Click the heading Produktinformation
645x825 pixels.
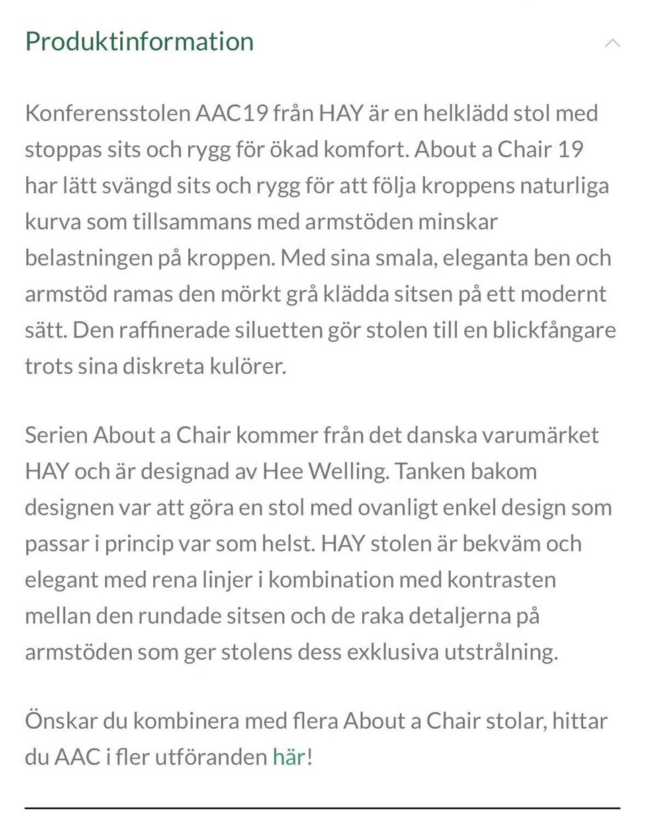tap(139, 42)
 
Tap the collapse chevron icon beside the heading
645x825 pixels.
tap(612, 44)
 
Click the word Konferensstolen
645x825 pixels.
tap(108, 113)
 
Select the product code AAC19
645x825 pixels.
tap(230, 113)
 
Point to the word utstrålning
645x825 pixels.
tap(500, 652)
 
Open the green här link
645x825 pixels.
tap(289, 758)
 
